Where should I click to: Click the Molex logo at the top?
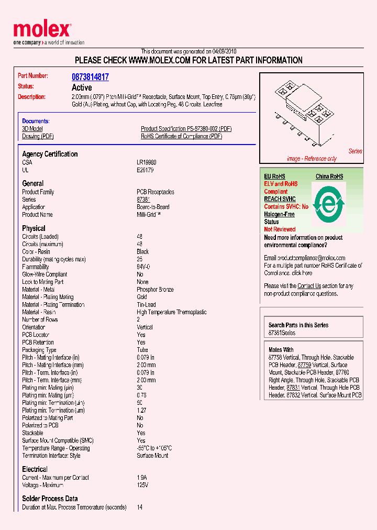(x=42, y=31)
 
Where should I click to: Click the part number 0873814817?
(x=90, y=77)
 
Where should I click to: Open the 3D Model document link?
(x=32, y=129)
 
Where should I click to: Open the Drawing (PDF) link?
(x=38, y=136)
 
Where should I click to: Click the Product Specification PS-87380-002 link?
(x=186, y=129)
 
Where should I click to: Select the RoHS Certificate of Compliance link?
(x=181, y=136)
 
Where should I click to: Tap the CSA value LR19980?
(x=147, y=163)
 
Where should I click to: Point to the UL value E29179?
(x=145, y=170)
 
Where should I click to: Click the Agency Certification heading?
(x=50, y=154)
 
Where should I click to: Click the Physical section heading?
(x=34, y=228)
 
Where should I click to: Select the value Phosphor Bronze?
(x=154, y=290)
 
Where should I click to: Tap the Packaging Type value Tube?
(x=142, y=350)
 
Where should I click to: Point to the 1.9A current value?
(x=142, y=478)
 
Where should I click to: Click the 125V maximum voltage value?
(x=142, y=485)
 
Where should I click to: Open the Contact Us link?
(x=309, y=286)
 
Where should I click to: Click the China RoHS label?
(x=329, y=176)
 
